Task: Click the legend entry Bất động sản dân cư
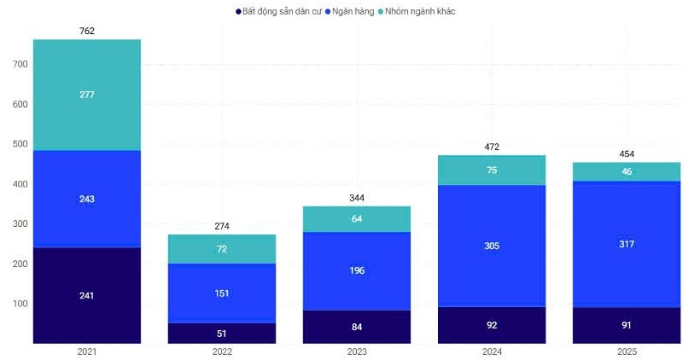coord(282,11)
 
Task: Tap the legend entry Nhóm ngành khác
coord(418,11)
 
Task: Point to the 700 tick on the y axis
coord(20,64)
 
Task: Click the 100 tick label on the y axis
coord(20,304)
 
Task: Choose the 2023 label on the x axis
coord(357,351)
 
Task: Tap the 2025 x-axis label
coord(626,351)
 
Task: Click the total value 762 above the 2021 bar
coord(86,32)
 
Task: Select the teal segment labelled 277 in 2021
coord(86,95)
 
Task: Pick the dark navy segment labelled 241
coord(86,295)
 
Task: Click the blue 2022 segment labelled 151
coord(222,293)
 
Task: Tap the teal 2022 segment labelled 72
coord(222,248)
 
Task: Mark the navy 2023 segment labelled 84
coord(357,327)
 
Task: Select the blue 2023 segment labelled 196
coord(357,270)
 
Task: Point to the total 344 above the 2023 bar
coord(357,198)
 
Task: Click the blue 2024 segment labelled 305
coord(492,246)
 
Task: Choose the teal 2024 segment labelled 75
coord(492,170)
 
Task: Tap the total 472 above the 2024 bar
coord(492,147)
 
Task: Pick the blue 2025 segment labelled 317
coord(626,243)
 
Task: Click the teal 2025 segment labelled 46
coord(626,171)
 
